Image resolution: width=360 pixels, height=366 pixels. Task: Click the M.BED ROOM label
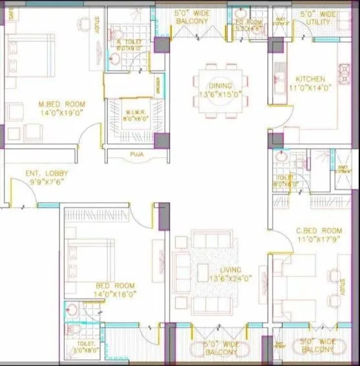click(x=61, y=104)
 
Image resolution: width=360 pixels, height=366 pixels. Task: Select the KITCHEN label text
click(x=306, y=80)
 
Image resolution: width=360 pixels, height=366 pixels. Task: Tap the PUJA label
click(x=135, y=155)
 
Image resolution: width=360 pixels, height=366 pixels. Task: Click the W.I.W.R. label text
click(x=135, y=102)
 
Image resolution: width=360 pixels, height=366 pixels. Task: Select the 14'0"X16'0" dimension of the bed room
click(x=114, y=294)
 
